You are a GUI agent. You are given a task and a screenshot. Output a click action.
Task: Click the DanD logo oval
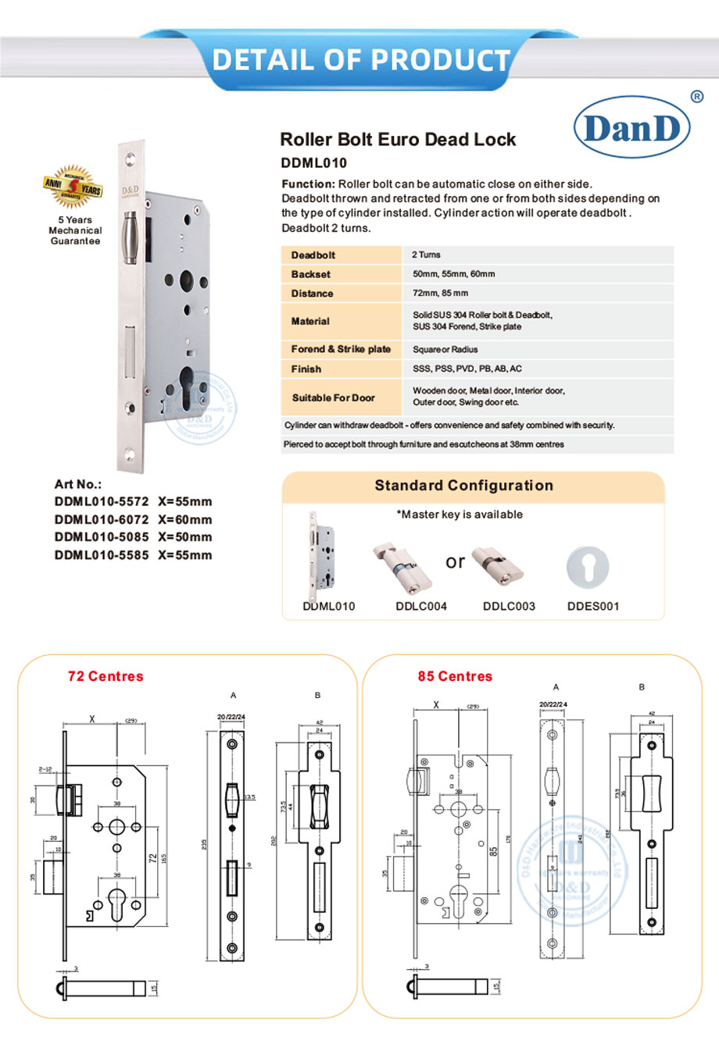[x=631, y=127]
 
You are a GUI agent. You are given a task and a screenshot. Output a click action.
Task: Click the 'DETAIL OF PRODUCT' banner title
[x=360, y=59]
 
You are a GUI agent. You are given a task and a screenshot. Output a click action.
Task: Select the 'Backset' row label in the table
[x=310, y=274]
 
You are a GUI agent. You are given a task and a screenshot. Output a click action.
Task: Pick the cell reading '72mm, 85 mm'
[x=440, y=293]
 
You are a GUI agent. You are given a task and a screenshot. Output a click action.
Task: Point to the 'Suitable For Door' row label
[x=333, y=397]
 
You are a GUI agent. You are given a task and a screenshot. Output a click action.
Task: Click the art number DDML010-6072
[x=102, y=519]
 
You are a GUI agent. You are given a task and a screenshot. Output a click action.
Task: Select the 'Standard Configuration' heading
[x=463, y=485]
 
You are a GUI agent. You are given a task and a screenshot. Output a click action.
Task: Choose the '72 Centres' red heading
[x=106, y=676]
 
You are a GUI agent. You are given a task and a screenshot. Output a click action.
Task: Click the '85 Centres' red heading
[x=455, y=676]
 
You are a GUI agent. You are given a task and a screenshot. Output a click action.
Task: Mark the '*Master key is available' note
[x=460, y=515]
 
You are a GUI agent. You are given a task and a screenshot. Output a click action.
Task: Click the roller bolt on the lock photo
[x=131, y=236]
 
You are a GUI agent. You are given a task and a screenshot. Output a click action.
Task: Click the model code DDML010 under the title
[x=313, y=163]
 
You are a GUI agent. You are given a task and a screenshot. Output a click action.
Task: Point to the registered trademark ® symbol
[x=697, y=97]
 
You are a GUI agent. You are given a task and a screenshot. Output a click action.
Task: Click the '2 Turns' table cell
[x=426, y=255]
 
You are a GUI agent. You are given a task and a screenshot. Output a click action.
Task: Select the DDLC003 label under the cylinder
[x=509, y=606]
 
